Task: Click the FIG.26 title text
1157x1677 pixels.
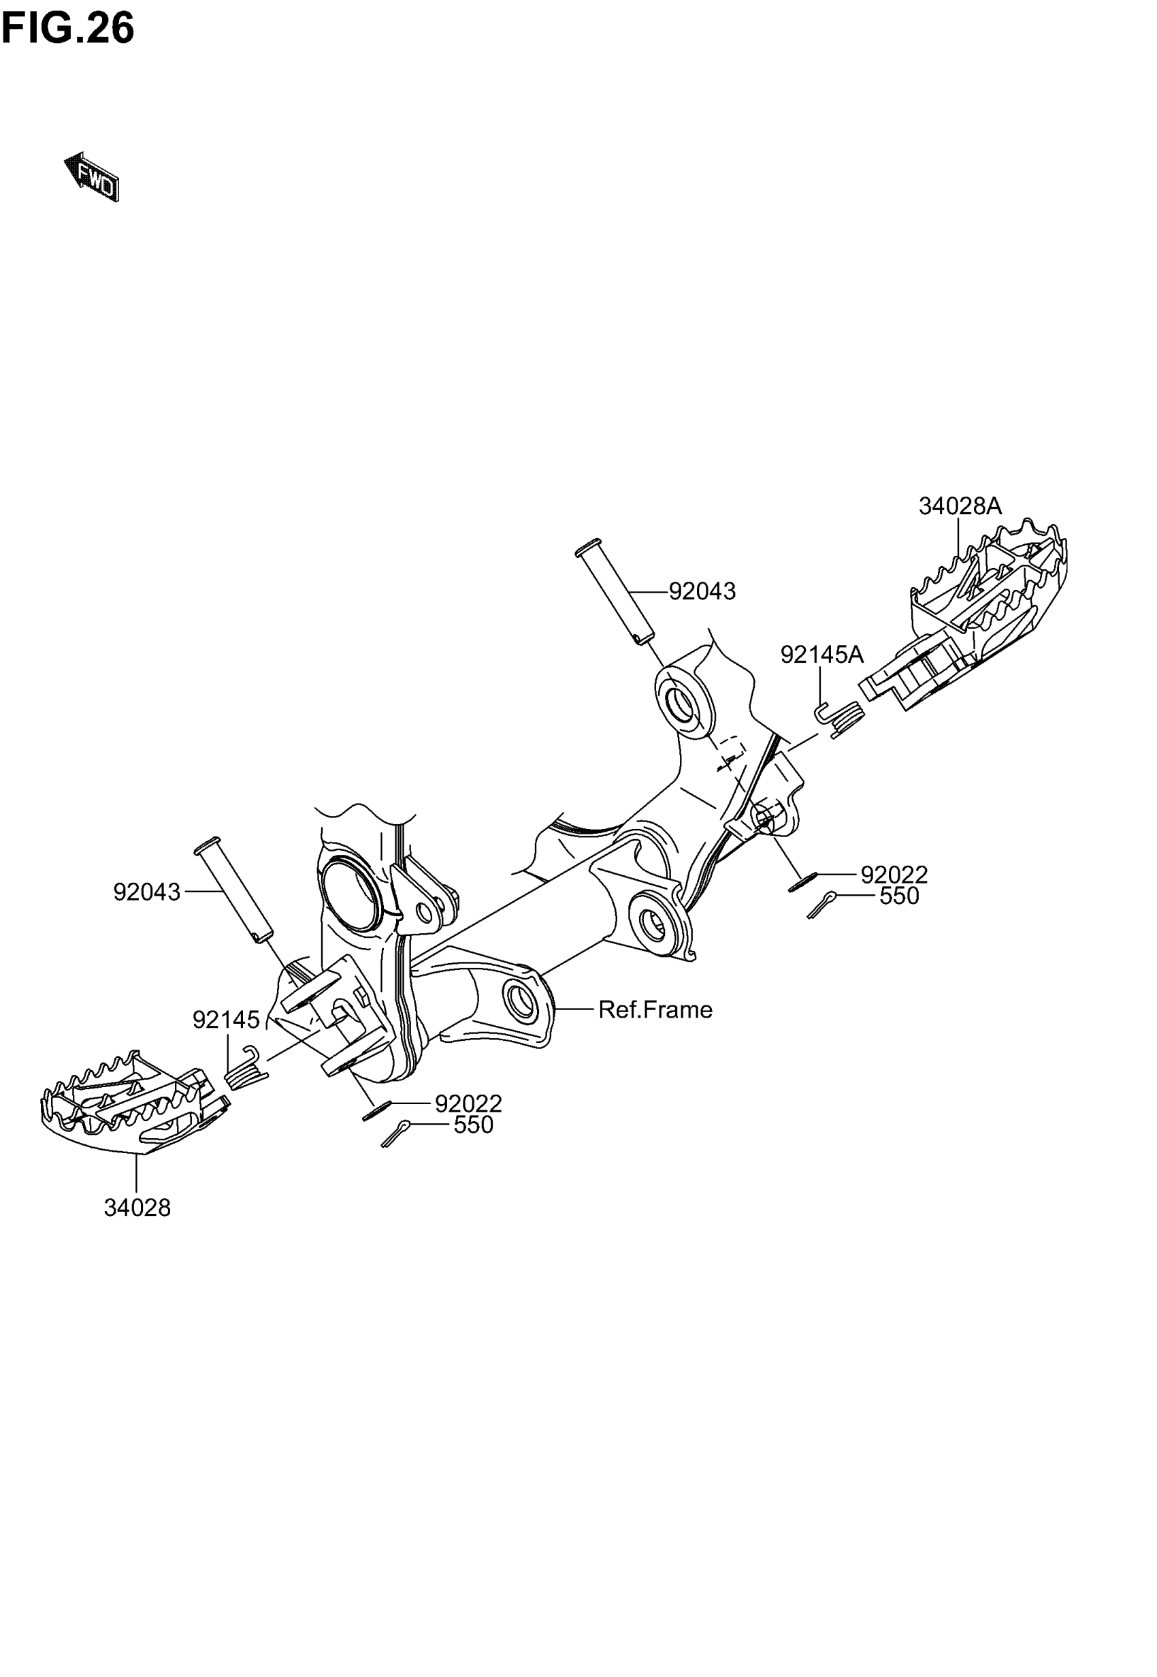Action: (68, 29)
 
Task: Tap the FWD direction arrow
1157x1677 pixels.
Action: (92, 177)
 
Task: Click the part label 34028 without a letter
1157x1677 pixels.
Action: (137, 1208)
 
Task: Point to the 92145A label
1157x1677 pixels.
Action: (821, 655)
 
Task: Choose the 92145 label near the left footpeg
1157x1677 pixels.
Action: (225, 1020)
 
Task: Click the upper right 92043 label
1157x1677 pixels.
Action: (702, 592)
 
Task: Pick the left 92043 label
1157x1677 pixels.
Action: (146, 892)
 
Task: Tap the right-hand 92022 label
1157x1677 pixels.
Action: (894, 875)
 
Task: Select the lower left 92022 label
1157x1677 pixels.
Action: (468, 1104)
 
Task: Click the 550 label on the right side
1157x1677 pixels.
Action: (899, 896)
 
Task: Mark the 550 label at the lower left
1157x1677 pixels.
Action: (474, 1125)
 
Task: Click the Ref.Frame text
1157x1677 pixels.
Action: (655, 1009)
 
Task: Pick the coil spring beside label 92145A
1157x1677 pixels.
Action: (843, 717)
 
